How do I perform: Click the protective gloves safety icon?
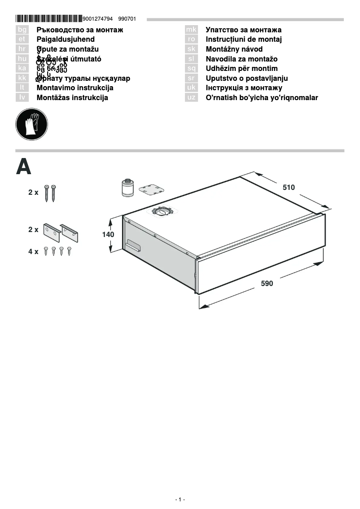pyautogui.click(x=31, y=124)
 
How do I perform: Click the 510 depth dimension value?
pyautogui.click(x=289, y=188)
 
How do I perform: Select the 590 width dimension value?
pyautogui.click(x=267, y=283)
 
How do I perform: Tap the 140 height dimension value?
pyautogui.click(x=108, y=234)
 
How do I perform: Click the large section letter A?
pyautogui.click(x=24, y=167)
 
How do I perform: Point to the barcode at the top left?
pyautogui.click(x=49, y=19)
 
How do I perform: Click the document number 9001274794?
pyautogui.click(x=98, y=19)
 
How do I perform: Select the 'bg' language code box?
pyautogui.click(x=22, y=30)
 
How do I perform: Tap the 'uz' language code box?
pyautogui.click(x=191, y=97)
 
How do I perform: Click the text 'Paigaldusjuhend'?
pyautogui.click(x=66, y=39)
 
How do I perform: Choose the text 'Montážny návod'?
pyautogui.click(x=234, y=49)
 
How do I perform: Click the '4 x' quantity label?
pyautogui.click(x=33, y=252)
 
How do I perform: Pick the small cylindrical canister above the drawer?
pyautogui.click(x=127, y=187)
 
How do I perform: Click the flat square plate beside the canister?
pyautogui.click(x=151, y=189)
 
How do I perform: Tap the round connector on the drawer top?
pyautogui.click(x=163, y=211)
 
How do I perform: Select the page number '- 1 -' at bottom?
pyautogui.click(x=180, y=500)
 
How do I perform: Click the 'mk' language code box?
pyautogui.click(x=191, y=30)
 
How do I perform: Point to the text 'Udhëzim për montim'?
pyautogui.click(x=241, y=69)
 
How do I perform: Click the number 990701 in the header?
pyautogui.click(x=127, y=19)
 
